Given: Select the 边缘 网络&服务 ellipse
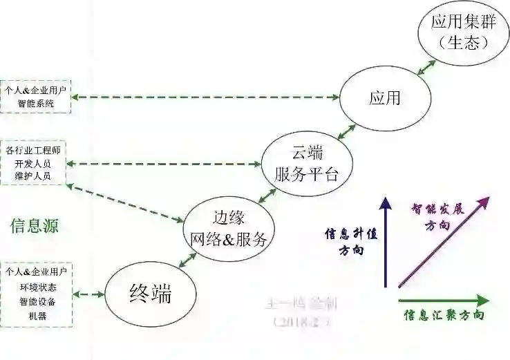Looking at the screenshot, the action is click(x=228, y=228).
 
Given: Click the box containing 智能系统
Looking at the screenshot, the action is click(x=36, y=97).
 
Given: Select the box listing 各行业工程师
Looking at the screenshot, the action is click(x=36, y=163).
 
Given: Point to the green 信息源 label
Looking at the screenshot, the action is click(x=34, y=225).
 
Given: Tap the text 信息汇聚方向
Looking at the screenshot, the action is click(x=444, y=316).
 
